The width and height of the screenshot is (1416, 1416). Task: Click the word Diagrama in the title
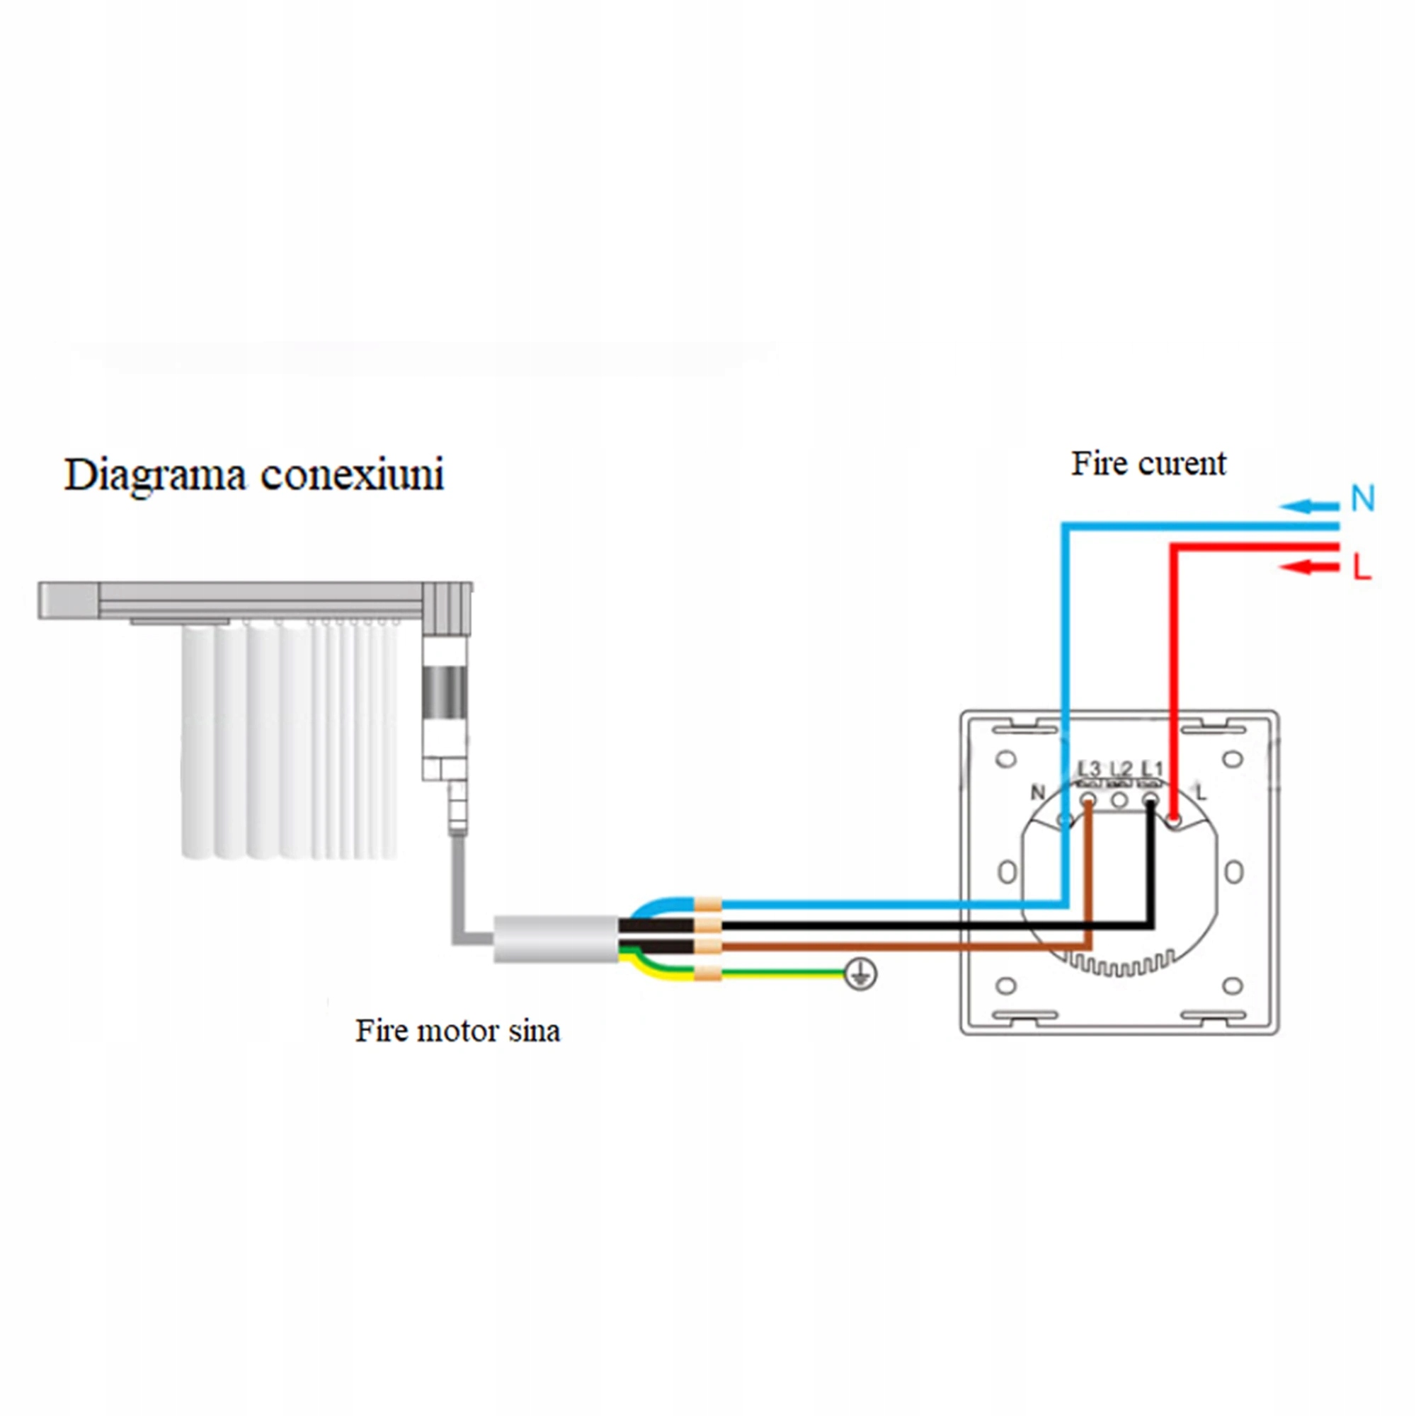[x=154, y=476]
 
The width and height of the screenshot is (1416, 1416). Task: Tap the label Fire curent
[x=1148, y=464]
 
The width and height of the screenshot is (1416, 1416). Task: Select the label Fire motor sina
[x=458, y=1030]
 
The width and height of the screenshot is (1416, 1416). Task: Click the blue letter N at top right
[x=1362, y=499]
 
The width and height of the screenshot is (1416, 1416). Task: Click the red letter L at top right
[x=1361, y=566]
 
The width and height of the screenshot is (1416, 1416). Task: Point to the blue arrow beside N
[x=1310, y=506]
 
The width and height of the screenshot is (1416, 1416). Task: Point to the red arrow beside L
[x=1310, y=566]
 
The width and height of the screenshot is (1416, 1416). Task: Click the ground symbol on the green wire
[x=860, y=974]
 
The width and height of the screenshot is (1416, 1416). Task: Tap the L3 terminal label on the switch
[x=1089, y=769]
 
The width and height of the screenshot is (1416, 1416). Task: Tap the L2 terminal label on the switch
[x=1121, y=769]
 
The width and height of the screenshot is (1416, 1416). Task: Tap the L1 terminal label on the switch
[x=1152, y=769]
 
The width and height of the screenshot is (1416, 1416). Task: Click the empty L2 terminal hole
[x=1119, y=800]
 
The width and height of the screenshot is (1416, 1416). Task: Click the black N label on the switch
[x=1037, y=792]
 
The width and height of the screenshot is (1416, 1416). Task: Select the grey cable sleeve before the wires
[x=556, y=939]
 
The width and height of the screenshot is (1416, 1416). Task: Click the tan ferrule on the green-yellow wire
[x=707, y=973]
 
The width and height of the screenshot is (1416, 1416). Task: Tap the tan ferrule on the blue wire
[x=707, y=904]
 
